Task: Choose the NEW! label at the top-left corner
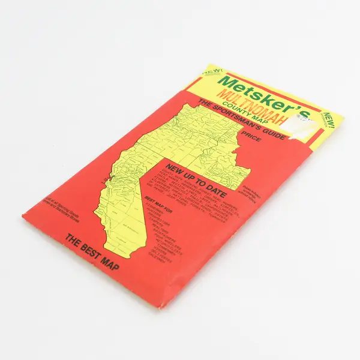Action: [211, 72]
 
